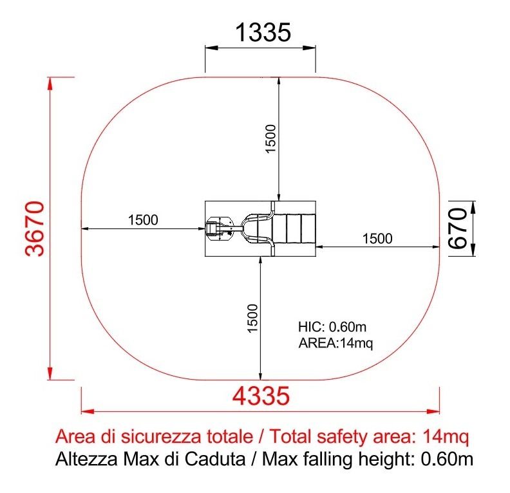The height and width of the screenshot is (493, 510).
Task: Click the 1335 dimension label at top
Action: tap(263, 32)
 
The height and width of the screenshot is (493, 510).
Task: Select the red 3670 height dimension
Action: tap(35, 228)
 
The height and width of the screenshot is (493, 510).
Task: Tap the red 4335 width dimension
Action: tap(261, 396)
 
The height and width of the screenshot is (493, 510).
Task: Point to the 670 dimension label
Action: tap(458, 228)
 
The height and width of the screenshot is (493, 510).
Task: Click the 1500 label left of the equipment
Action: tap(143, 220)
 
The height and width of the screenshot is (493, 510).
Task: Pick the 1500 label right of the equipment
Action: tap(377, 239)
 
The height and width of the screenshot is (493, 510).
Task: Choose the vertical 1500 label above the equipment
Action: tap(270, 138)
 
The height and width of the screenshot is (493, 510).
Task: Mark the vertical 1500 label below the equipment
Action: tap(252, 318)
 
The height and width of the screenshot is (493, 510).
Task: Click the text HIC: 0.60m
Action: tap(332, 326)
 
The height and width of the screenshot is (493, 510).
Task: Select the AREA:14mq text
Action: tap(335, 343)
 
